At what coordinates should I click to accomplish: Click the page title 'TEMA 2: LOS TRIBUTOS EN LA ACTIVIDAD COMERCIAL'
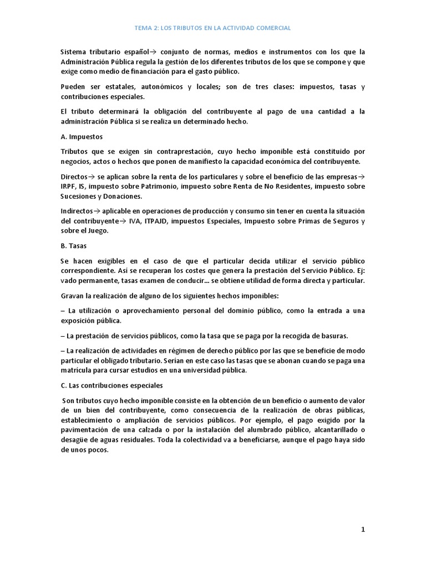(x=213, y=27)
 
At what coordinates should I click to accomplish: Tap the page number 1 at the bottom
(x=363, y=529)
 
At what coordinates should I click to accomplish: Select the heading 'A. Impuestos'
(x=82, y=136)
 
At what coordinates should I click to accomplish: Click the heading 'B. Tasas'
(x=75, y=245)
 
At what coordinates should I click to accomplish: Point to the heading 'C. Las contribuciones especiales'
(x=112, y=385)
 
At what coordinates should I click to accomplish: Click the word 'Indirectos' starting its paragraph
(x=79, y=212)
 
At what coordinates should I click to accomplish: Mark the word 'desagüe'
(x=75, y=440)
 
